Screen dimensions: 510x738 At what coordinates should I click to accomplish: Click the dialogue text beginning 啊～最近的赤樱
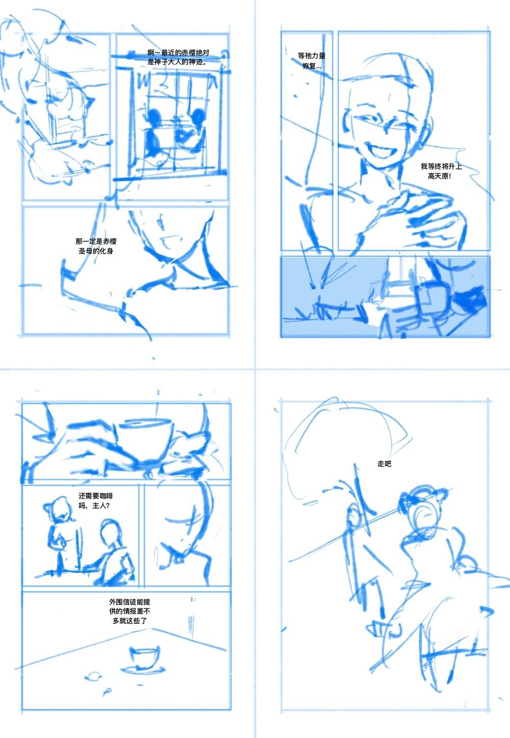click(178, 57)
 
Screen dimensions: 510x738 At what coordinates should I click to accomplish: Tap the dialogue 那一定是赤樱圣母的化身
click(96, 246)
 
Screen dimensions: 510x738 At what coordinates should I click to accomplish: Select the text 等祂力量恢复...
click(312, 61)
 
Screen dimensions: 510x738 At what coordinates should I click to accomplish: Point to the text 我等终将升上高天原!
click(441, 171)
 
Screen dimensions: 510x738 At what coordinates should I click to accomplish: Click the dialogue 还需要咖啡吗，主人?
click(95, 500)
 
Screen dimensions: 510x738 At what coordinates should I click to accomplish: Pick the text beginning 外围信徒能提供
click(130, 611)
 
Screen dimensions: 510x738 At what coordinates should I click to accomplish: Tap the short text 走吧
click(384, 464)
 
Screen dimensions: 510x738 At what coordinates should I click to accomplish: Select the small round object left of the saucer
click(93, 676)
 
